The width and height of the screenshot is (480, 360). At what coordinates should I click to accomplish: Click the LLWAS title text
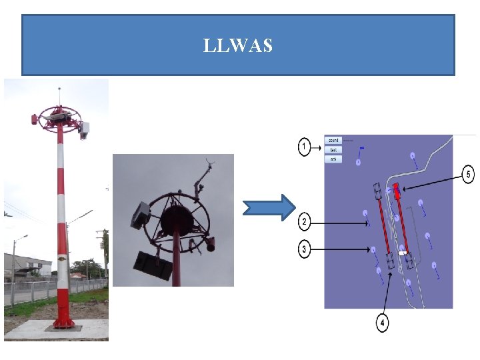click(x=238, y=46)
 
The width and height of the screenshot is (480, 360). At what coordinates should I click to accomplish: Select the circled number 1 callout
click(x=305, y=146)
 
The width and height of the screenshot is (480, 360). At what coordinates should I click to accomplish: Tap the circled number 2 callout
click(x=305, y=221)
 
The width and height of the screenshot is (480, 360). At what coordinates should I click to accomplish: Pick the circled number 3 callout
click(x=305, y=249)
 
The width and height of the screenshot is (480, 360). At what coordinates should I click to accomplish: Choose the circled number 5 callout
click(x=469, y=175)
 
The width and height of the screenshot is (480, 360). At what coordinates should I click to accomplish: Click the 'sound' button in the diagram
click(x=333, y=141)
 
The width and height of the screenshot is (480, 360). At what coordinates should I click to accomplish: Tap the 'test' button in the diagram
click(x=333, y=150)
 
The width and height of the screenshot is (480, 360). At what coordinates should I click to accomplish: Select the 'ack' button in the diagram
click(x=333, y=159)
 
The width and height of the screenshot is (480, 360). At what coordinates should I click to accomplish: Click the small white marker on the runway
click(x=402, y=253)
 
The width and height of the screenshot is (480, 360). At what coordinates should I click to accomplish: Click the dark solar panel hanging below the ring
click(x=153, y=265)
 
